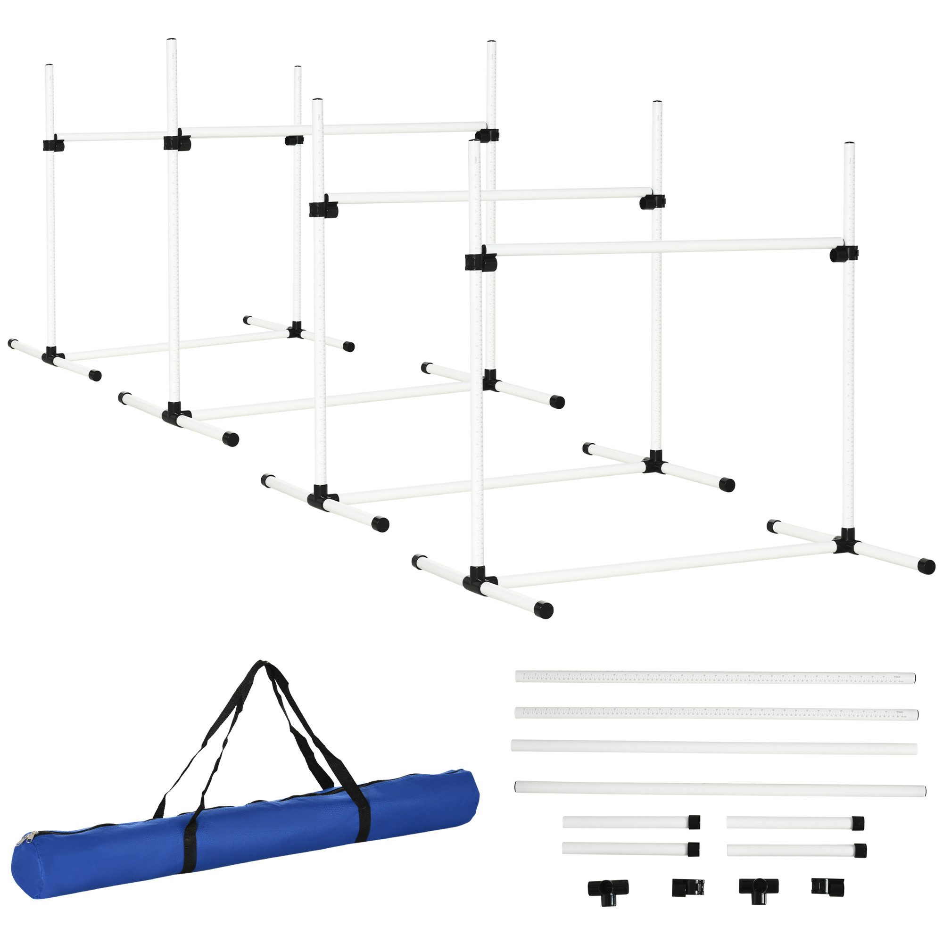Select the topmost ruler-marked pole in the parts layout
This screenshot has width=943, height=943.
(716, 677)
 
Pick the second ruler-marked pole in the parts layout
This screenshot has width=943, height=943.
(717, 713)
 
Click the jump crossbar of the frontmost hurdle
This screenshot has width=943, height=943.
(664, 248)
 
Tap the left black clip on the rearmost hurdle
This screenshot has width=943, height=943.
(53, 145)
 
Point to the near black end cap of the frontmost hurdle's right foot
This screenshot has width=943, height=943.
(926, 566)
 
